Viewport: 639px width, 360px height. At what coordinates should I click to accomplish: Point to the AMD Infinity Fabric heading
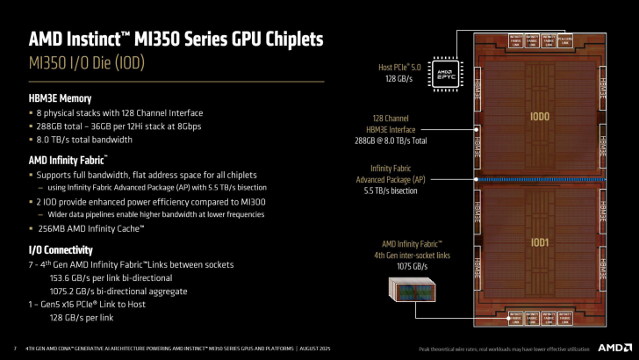tap(68, 160)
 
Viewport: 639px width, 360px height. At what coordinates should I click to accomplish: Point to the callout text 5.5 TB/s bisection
tap(405, 191)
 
